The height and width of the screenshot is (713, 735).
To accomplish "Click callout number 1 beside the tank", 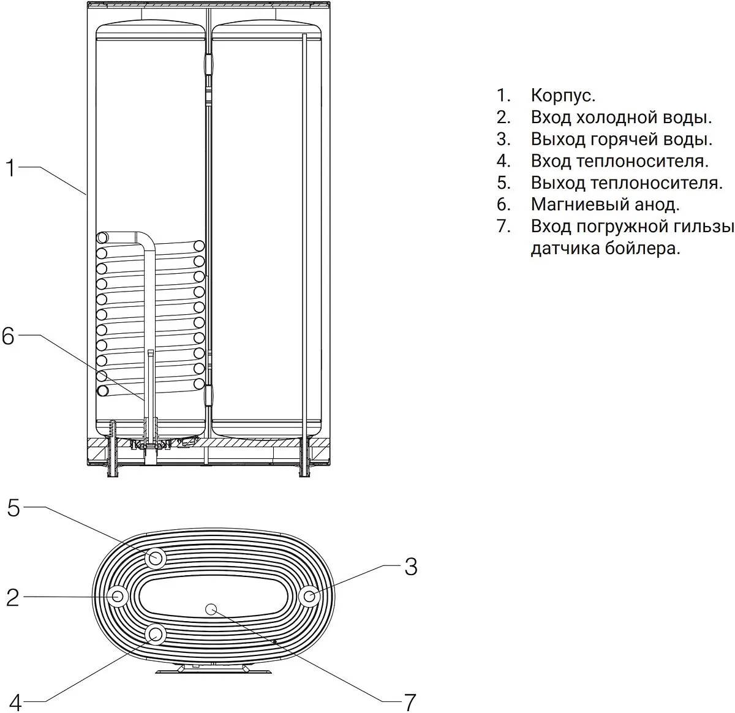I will tap(10, 167).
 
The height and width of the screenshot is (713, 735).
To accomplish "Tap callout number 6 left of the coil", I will tap(8, 336).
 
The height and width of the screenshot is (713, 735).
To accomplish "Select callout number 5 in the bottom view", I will tap(13, 508).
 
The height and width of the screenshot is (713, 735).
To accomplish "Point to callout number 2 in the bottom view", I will tap(13, 597).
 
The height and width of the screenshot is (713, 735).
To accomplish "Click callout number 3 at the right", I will tap(410, 566).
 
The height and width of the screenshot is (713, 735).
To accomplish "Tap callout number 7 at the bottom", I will tap(409, 700).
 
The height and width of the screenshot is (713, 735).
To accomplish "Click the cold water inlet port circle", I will tap(118, 595).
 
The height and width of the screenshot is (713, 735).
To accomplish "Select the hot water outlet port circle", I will tap(311, 595).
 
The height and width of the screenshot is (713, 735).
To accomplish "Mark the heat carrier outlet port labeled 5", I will tap(156, 558).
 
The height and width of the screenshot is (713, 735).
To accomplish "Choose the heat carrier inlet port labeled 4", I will tap(155, 633).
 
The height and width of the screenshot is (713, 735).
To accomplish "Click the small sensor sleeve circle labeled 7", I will tap(211, 608).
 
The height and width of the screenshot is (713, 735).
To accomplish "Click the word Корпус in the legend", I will tap(562, 96).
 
